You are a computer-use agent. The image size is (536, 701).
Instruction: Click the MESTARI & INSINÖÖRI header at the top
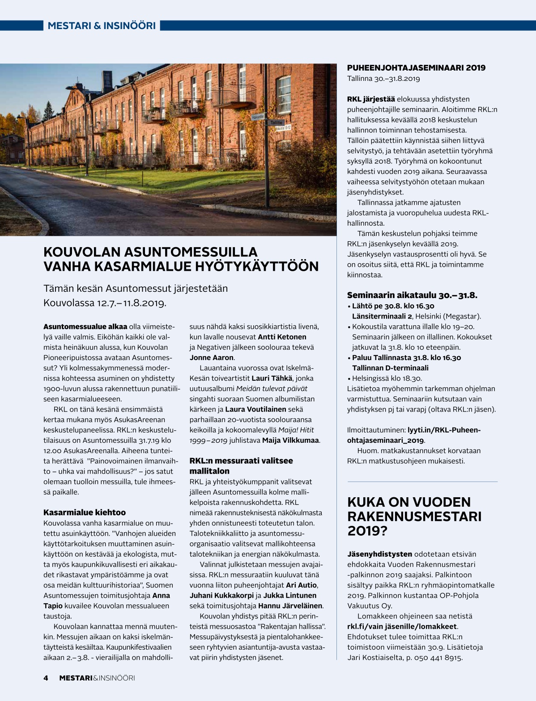click(102, 25)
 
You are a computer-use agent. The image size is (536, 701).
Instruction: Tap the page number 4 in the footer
click(46, 678)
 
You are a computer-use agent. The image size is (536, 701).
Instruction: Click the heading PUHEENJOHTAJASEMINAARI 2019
click(416, 68)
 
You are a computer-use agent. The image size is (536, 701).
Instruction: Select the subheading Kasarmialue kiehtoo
click(85, 512)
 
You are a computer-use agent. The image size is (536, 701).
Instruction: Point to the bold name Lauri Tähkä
click(272, 378)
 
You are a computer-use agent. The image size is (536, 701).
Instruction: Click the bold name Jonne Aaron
click(212, 357)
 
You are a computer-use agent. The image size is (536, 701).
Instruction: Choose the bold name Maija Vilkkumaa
click(291, 441)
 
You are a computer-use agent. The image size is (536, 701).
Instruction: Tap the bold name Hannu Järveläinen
click(290, 606)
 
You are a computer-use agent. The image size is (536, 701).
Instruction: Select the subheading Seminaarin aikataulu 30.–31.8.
click(412, 295)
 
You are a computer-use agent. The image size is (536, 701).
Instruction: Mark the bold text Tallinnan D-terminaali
click(390, 368)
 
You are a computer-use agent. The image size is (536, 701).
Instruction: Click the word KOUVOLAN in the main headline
click(83, 252)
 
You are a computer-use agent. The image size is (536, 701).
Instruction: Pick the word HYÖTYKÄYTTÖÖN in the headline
click(257, 267)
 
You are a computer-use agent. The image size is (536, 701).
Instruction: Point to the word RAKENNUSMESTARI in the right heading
click(414, 516)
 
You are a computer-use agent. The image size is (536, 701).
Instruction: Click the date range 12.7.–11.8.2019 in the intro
click(131, 303)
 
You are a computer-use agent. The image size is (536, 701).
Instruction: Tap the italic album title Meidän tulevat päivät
click(272, 389)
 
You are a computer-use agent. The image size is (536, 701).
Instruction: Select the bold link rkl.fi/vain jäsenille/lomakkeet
click(402, 626)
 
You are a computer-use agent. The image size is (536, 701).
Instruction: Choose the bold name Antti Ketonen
click(282, 337)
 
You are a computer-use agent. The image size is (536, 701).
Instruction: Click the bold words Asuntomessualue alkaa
click(85, 327)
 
